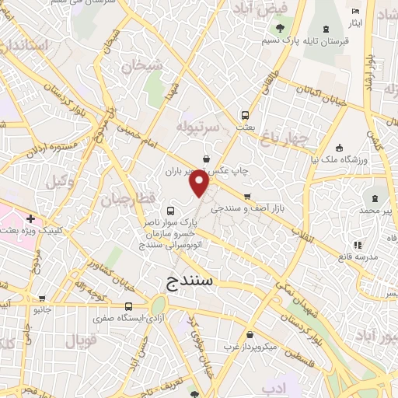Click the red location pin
[x=200, y=183]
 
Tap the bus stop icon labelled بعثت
[x=246, y=113]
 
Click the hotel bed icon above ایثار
[x=355, y=12]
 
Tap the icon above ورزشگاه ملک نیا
[x=339, y=148]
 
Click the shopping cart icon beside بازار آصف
[x=248, y=196]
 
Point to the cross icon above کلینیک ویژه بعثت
[x=30, y=218]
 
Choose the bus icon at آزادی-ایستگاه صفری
[x=127, y=306]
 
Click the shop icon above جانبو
[x=41, y=298]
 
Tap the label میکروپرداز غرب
[x=251, y=347]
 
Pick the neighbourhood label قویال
[x=77, y=340]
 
